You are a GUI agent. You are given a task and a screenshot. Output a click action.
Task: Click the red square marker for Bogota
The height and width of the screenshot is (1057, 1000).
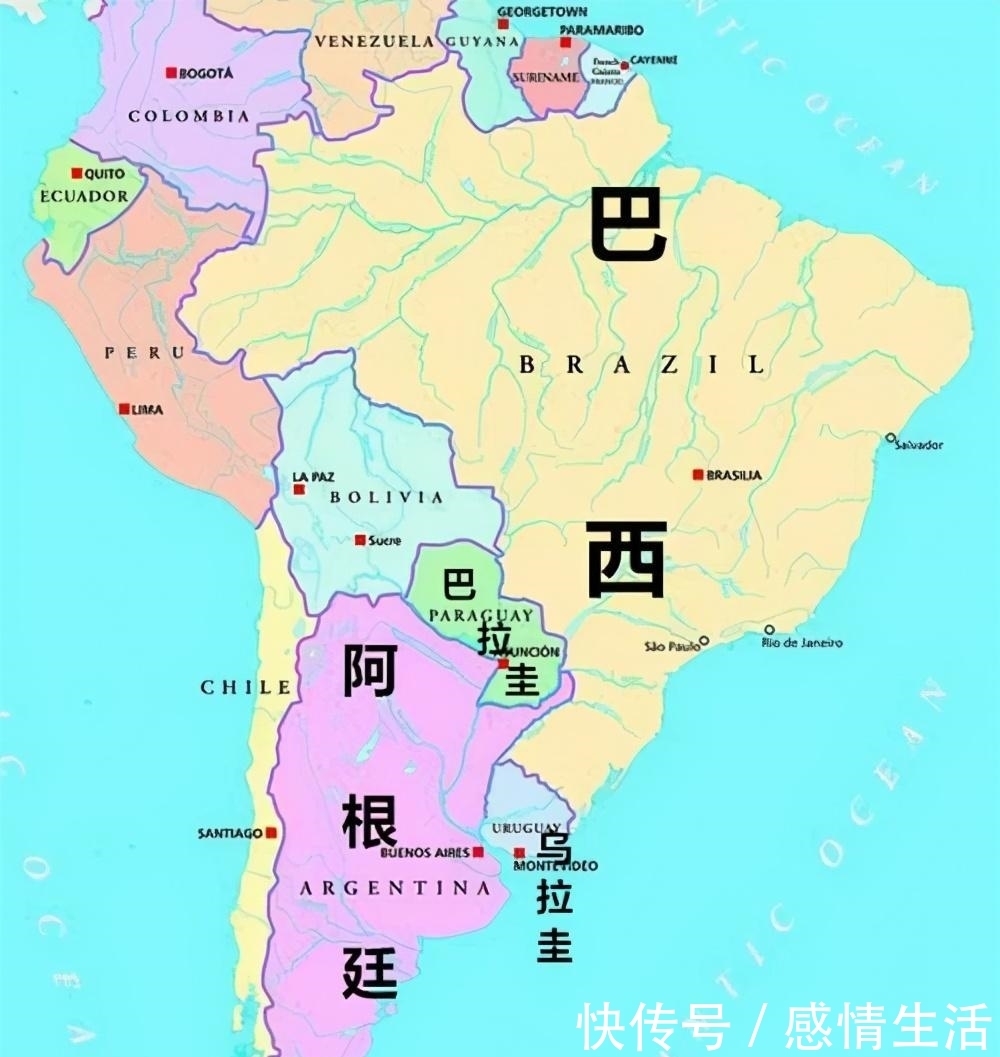point(171,73)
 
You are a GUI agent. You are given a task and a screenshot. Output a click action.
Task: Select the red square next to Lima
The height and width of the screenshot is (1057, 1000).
point(123,409)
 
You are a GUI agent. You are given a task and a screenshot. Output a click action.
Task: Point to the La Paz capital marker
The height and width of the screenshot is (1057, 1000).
point(298,489)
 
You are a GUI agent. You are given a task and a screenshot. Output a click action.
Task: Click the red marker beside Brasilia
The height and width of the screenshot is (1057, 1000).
point(698,475)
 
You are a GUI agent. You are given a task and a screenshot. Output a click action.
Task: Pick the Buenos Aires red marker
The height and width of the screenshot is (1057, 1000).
point(478,852)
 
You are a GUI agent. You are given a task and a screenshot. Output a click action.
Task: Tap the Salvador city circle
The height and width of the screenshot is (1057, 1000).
point(890,437)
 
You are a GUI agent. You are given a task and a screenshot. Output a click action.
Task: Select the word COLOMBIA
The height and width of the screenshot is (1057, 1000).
point(188,116)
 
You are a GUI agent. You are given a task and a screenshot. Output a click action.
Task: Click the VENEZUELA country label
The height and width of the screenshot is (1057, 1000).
point(374,42)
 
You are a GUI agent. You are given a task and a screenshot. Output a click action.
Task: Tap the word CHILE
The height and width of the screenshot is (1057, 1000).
point(246,687)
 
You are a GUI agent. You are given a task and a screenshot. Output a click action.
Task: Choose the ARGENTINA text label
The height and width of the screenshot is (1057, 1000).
point(395,888)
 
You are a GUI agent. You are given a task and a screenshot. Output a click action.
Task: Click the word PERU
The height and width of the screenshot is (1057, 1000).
point(145,352)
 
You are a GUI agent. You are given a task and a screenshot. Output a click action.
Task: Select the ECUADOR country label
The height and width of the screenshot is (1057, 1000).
point(84,196)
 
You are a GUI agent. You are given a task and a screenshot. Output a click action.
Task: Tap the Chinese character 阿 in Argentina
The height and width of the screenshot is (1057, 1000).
point(370,670)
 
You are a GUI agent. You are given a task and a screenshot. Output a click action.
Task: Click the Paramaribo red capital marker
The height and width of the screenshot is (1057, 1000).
point(565,43)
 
